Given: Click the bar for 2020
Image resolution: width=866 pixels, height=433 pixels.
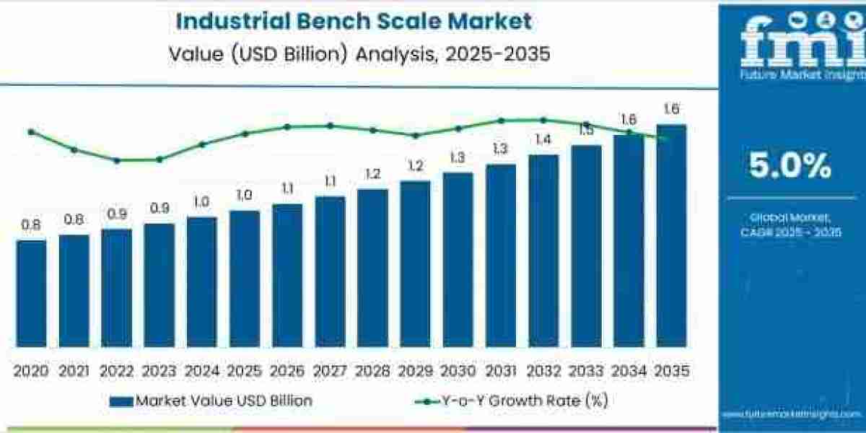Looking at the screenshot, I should (x=31, y=293).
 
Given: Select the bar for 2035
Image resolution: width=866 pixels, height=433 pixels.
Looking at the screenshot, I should (x=670, y=235).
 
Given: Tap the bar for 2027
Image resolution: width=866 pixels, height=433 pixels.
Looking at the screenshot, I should (x=330, y=271).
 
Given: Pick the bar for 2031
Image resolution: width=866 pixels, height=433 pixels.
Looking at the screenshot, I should (x=500, y=255).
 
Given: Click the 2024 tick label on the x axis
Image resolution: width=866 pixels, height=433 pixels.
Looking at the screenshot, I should (x=201, y=371).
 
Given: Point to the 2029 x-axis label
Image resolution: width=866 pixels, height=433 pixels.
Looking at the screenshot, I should (x=414, y=371).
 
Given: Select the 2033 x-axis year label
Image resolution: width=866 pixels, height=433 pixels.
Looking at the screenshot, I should (x=585, y=371).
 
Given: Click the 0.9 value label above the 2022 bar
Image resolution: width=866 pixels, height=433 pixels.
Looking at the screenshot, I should (x=116, y=214).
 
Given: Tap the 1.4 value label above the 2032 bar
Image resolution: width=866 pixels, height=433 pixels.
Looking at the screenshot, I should (x=543, y=139).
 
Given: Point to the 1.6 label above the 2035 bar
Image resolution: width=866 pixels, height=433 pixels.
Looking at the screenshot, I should (x=670, y=110).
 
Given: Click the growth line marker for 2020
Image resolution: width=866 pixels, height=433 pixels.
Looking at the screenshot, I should (x=31, y=132).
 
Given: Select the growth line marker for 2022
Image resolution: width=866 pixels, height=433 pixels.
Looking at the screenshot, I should (x=116, y=160).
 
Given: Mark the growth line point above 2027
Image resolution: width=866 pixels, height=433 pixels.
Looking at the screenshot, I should (x=330, y=126).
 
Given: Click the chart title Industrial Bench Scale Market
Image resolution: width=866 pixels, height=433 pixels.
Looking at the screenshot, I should (x=354, y=21).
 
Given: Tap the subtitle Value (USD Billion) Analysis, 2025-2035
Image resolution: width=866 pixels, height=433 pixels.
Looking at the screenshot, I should (x=354, y=54).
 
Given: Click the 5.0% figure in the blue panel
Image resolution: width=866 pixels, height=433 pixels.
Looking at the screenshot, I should (x=790, y=167).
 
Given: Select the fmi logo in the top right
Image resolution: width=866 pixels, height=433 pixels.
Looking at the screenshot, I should (x=792, y=43).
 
